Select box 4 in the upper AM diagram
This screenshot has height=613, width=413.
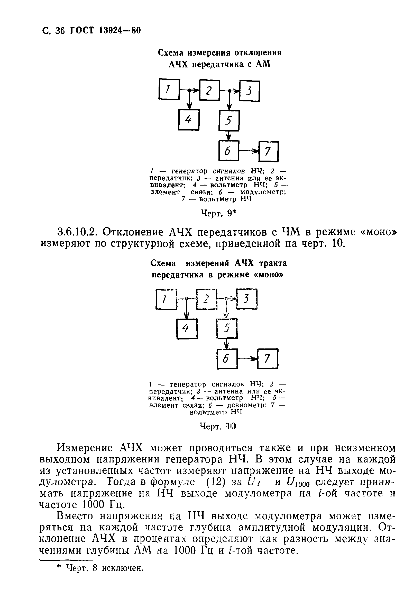(x=189, y=119)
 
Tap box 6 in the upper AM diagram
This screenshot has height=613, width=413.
(x=229, y=151)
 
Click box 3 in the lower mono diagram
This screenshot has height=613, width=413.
(x=247, y=299)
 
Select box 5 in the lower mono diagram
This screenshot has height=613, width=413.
(x=227, y=328)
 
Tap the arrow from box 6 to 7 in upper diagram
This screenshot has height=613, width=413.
(x=249, y=151)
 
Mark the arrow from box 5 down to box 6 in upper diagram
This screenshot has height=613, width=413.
(x=229, y=136)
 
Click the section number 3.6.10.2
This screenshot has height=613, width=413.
(x=76, y=232)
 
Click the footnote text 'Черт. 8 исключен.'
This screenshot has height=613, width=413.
(x=105, y=568)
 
